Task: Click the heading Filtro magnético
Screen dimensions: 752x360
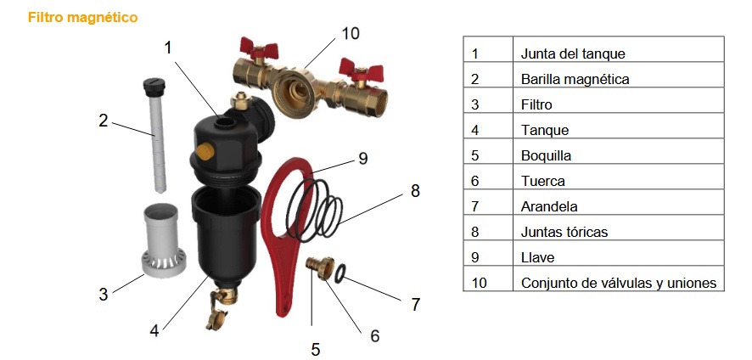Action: [82, 18]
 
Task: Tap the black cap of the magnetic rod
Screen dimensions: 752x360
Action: [154, 86]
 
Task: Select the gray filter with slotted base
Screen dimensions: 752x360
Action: [163, 241]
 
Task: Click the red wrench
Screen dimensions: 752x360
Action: [289, 233]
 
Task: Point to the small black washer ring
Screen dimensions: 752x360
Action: [341, 273]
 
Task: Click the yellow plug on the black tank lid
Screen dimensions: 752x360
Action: [205, 152]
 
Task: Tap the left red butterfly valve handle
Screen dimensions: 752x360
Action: [259, 48]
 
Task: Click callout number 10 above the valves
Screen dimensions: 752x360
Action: [351, 34]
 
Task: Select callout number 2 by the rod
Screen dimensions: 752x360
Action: [103, 121]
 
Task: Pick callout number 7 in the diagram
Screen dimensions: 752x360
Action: [415, 304]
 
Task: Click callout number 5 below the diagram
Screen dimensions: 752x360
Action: [315, 350]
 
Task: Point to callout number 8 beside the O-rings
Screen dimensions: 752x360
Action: [415, 191]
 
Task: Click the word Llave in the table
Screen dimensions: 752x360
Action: [537, 257]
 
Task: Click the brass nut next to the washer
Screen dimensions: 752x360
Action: [321, 267]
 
